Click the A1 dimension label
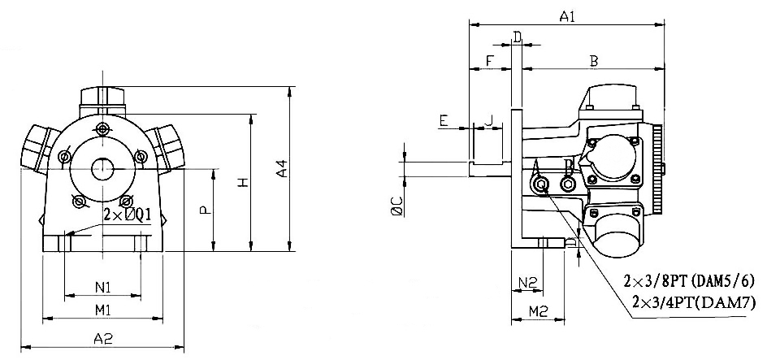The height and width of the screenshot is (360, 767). tap(566, 15)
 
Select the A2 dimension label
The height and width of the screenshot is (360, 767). tap(102, 340)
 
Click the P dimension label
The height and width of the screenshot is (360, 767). tap(205, 210)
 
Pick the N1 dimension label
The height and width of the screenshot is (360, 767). tap(102, 286)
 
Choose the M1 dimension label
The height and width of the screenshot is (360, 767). tap(102, 310)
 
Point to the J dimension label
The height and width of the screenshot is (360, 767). tap(487, 120)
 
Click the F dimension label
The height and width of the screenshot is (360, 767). tap(488, 62)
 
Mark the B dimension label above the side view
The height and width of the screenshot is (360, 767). tap(593, 62)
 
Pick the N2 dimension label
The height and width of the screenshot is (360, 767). tap(527, 283)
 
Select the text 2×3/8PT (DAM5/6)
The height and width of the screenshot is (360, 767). tap(689, 282)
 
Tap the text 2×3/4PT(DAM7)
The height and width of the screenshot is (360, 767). tap(693, 302)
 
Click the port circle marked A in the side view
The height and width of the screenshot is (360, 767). tap(543, 186)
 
